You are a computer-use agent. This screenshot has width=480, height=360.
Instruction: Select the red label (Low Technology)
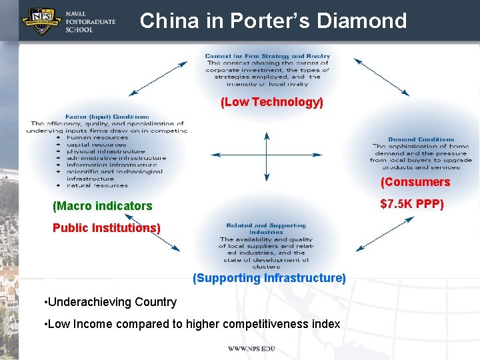click(272, 102)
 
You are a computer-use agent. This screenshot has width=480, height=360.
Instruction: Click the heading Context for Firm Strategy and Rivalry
click(267, 56)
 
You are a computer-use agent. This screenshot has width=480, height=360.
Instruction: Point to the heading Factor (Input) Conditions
click(107, 117)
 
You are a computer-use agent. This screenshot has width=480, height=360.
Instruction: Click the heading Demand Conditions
click(421, 139)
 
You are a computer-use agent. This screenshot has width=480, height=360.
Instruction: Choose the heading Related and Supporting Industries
click(266, 229)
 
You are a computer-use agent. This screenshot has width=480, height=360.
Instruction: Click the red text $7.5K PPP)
click(411, 203)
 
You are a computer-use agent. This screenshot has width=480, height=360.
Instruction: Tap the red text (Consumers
click(415, 182)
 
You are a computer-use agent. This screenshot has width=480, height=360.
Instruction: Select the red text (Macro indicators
click(103, 206)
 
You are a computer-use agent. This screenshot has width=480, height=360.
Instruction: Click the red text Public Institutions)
click(107, 227)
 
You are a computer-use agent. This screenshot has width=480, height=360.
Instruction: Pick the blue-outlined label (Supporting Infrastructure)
click(269, 278)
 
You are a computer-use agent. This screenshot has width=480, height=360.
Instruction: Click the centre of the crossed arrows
click(267, 157)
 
